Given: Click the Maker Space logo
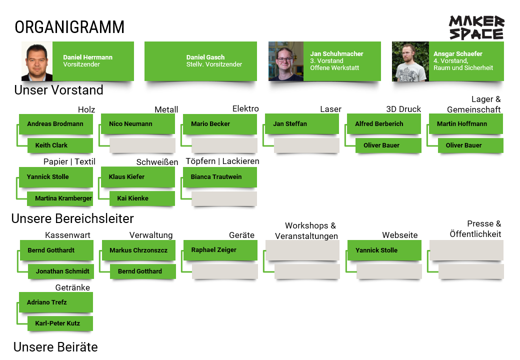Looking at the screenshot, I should pos(476,27).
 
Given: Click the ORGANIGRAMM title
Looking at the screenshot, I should pos(69,27).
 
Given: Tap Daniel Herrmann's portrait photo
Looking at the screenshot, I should pos(37,61).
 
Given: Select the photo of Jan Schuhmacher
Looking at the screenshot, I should pos(286,61).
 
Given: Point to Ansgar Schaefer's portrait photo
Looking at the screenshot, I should pos(410,61).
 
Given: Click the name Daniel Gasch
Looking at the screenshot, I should pos(205,57).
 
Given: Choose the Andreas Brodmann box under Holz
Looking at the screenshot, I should pos(55,124).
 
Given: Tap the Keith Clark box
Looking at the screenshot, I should pos(59,145).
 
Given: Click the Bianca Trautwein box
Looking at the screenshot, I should pos(219,177).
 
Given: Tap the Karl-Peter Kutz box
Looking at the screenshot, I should pos(59,323).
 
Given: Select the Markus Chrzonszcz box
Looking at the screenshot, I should pos(138,250).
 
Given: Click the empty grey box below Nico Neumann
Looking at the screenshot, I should pos(142,145).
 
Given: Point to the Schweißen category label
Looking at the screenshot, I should pos(157,162).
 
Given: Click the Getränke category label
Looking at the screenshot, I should pos(72,287).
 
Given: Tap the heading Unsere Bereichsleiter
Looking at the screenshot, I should pos(72,218).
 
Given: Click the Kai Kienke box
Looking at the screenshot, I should pos(142,198).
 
